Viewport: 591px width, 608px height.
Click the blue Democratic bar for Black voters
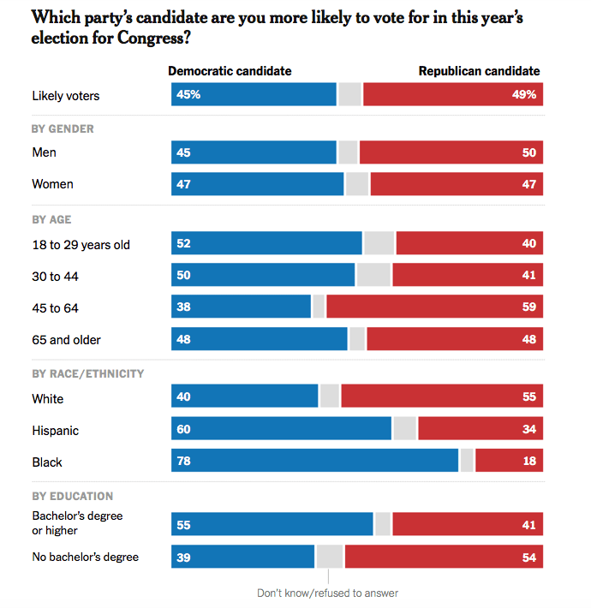click(315, 462)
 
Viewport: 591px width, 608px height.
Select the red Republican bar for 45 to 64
click(434, 307)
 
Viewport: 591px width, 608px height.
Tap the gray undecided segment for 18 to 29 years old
click(379, 244)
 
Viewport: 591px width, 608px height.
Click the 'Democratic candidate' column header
click(230, 71)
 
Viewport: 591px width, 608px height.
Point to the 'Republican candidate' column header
click(479, 71)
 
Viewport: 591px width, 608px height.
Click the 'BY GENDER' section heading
click(63, 129)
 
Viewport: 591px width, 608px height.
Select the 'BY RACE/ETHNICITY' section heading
click(87, 373)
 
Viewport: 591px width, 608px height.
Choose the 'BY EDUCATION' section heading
click(72, 496)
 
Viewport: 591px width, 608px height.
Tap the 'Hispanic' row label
click(55, 431)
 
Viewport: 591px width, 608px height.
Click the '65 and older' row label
click(66, 340)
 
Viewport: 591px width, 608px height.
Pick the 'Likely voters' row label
click(65, 96)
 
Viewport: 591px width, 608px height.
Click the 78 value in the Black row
click(183, 462)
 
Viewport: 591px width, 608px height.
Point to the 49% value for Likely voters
click(524, 95)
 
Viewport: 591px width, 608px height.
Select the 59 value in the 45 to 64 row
click(528, 307)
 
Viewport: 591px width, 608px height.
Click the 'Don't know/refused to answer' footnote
click(327, 593)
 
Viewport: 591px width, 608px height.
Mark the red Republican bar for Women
click(457, 184)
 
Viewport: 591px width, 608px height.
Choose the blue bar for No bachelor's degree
click(243, 557)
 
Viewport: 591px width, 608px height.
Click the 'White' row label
click(48, 399)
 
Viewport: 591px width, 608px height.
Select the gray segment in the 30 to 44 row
click(373, 276)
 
